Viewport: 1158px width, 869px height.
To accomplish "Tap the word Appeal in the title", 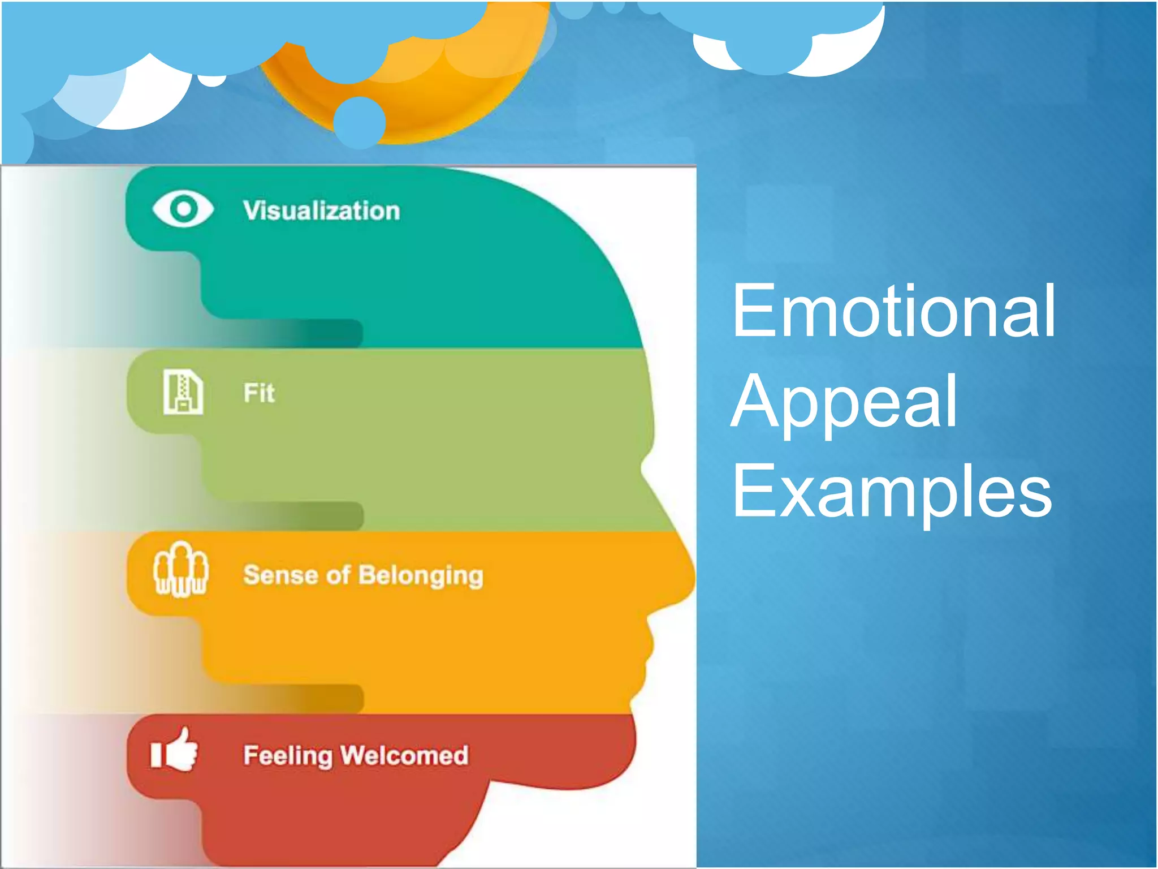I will click(x=844, y=403).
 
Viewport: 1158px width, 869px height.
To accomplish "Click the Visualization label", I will click(x=321, y=210).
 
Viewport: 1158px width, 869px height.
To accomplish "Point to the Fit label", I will click(x=259, y=393).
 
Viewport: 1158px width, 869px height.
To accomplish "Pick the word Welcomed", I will click(x=404, y=756).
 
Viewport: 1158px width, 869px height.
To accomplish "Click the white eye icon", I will click(x=183, y=209).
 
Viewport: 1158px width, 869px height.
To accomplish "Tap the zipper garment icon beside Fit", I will click(x=183, y=392).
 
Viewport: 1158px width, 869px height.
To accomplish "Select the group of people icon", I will click(x=180, y=569).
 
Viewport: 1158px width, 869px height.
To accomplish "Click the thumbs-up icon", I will click(x=174, y=750).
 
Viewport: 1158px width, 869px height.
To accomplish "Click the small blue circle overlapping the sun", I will click(x=360, y=122).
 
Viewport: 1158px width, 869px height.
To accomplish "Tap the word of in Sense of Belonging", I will click(x=338, y=575).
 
